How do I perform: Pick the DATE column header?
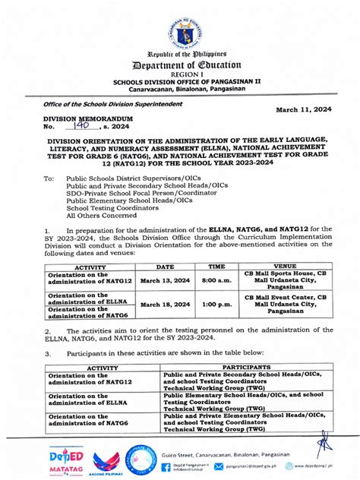pyautogui.click(x=166, y=267)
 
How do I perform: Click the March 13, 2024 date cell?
pyautogui.click(x=166, y=280)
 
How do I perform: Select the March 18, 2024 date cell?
pyautogui.click(x=166, y=304)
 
